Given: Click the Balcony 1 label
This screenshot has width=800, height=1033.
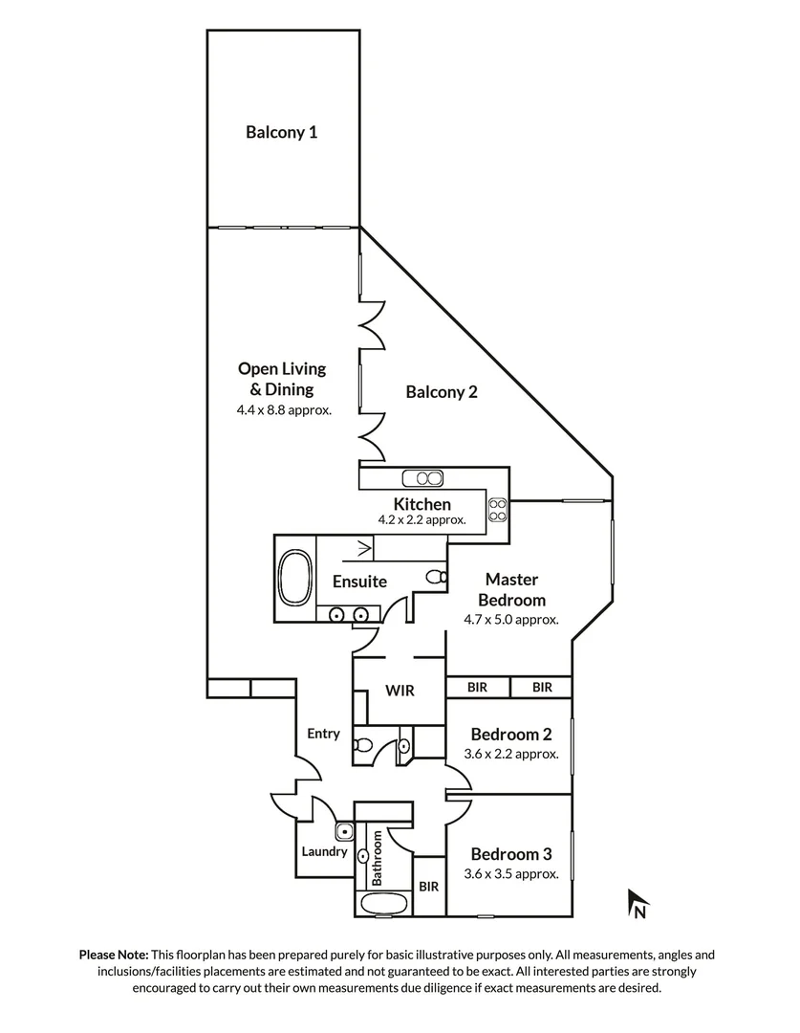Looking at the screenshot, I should (281, 132).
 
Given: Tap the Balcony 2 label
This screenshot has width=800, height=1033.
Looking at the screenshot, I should (441, 391).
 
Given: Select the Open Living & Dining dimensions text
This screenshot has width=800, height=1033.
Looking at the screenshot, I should (283, 410).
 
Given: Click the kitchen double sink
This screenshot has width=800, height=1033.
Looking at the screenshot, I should (422, 478).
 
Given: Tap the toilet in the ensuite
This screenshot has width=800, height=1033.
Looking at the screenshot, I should (436, 577).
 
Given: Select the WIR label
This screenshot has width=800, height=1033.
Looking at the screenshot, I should (399, 690).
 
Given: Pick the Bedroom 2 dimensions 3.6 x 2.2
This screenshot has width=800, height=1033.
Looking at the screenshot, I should (511, 754).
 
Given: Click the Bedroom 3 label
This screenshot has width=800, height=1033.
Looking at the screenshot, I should (511, 854).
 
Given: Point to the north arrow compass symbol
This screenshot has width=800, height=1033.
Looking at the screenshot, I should (638, 903).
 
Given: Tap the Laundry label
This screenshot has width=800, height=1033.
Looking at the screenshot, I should (324, 851).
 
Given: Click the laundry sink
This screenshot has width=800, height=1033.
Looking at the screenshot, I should (344, 831).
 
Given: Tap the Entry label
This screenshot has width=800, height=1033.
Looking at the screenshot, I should (323, 734).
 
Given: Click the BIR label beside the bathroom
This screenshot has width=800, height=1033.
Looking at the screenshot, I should (428, 887).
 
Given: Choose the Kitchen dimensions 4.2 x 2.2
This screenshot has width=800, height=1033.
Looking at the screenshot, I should (422, 521).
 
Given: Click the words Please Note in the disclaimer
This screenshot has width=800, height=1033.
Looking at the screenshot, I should (113, 955).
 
